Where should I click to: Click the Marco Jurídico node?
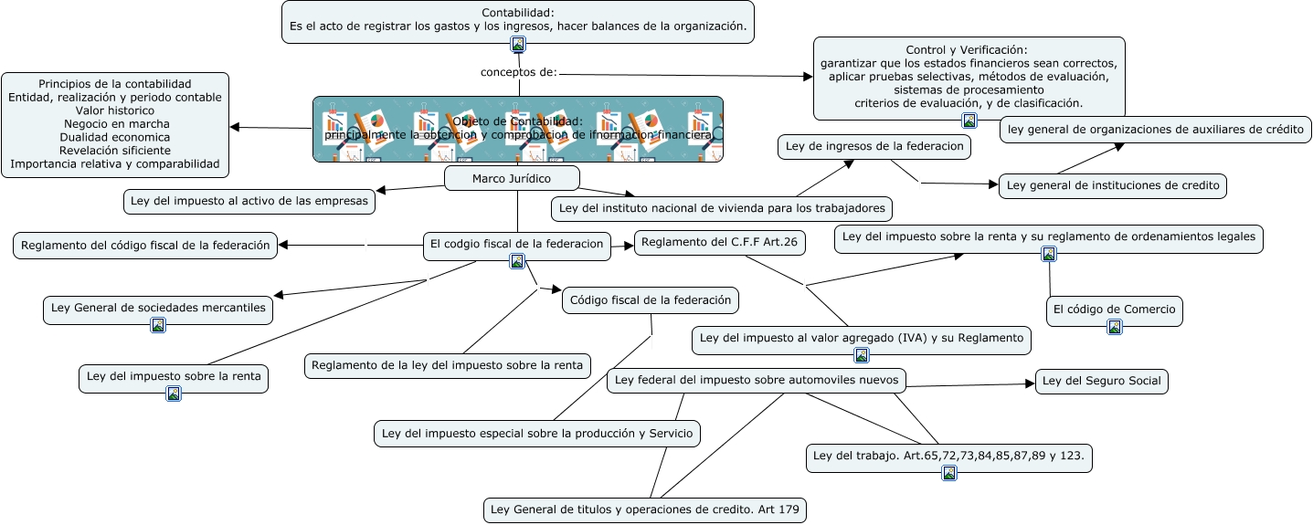point(511,178)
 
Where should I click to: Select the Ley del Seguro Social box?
point(1101,381)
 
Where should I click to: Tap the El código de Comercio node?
point(1114,310)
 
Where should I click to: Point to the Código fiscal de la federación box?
point(650,299)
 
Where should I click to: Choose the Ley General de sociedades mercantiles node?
point(158,308)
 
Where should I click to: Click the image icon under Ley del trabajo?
point(949,473)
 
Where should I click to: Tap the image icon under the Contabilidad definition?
point(518,44)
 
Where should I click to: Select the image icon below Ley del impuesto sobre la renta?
point(174,394)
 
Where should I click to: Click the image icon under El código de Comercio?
point(1115,327)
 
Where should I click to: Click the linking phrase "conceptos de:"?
point(518,72)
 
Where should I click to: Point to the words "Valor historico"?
point(116,110)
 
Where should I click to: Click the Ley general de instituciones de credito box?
point(1111,185)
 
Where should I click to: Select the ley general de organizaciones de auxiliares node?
point(1155,130)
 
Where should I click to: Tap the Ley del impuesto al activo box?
point(249,201)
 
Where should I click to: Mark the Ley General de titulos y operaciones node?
point(644,509)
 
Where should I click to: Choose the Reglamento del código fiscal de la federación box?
point(145,245)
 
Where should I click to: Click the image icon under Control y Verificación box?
point(969,121)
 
